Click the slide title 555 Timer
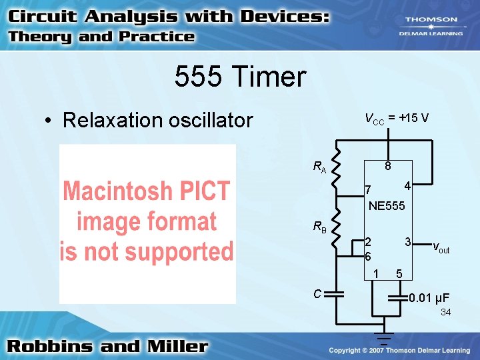240,77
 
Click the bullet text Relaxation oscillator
157,120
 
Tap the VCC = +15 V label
397,118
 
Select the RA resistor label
320,167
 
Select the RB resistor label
320,227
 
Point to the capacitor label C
318,293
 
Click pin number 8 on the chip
387,166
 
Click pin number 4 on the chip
407,185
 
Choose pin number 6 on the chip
367,256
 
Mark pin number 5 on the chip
399,273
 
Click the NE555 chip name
387,206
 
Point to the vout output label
441,248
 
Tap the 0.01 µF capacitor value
429,297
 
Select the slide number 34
445,312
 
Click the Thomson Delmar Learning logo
431,25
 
